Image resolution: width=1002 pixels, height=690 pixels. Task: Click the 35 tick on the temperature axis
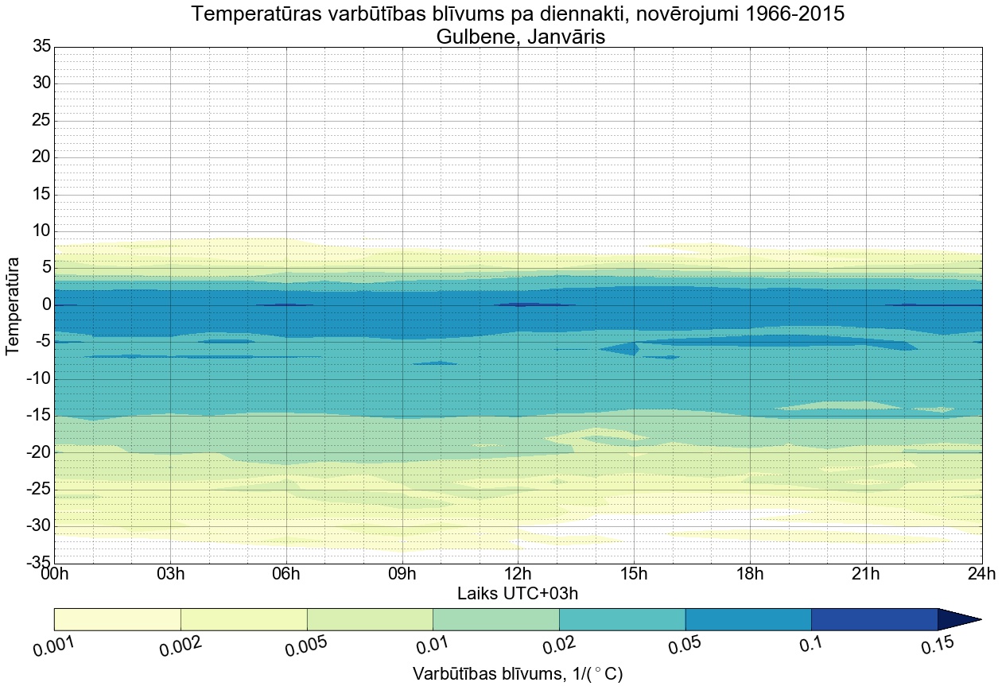point(41,47)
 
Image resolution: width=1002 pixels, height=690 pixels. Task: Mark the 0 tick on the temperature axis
point(46,305)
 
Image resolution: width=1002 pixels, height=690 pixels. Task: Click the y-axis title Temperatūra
point(14,305)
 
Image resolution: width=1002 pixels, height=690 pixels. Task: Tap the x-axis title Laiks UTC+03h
point(518,594)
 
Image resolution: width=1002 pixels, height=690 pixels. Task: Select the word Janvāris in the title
point(561,37)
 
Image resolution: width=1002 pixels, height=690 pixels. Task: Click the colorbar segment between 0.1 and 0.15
point(874,619)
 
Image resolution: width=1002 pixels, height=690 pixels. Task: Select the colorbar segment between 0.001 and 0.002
point(118,619)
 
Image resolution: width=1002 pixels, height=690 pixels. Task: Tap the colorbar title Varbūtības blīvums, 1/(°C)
point(518,674)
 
